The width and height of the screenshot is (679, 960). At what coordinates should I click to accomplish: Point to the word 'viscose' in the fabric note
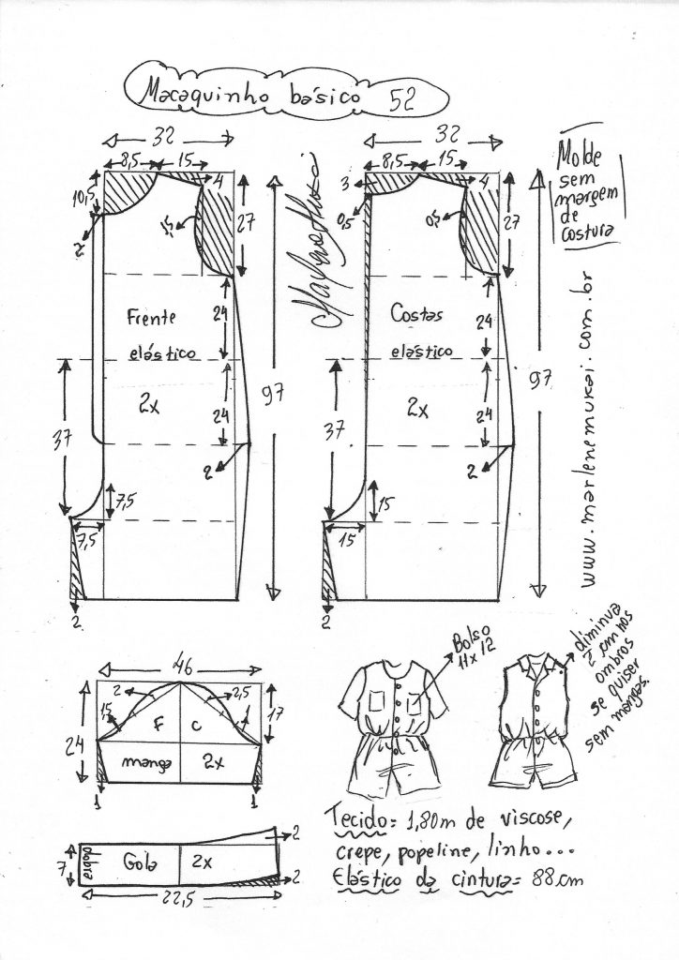pos(525,821)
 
